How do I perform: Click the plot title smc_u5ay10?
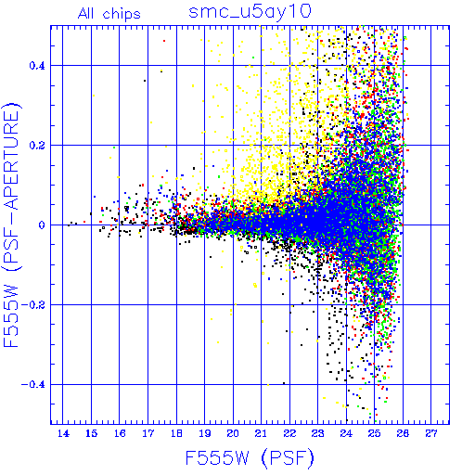[x=250, y=12]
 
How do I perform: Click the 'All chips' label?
[x=109, y=14]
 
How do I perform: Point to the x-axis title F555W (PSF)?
[x=250, y=457]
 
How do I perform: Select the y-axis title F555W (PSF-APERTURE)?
[x=11, y=225]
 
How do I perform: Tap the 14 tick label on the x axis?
[x=63, y=434]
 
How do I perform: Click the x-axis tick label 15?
[x=91, y=434]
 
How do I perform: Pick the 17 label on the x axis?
[x=148, y=434]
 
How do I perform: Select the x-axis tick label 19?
[x=204, y=434]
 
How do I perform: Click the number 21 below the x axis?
[x=261, y=434]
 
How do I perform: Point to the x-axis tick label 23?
[x=317, y=434]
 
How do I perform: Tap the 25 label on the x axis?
[x=374, y=434]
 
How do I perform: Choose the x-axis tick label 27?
[x=431, y=434]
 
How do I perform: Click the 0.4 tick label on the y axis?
[x=37, y=66]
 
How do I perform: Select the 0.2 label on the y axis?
[x=37, y=146]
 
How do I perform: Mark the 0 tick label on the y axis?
[x=42, y=225]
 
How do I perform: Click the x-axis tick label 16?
[x=120, y=434]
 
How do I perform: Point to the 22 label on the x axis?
[x=289, y=434]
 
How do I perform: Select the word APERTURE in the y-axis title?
[x=11, y=161]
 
